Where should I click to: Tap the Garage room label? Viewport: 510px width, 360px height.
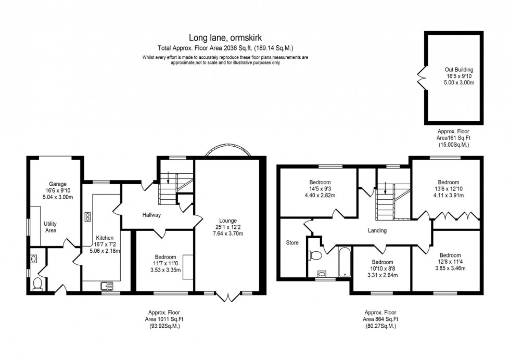[x=58, y=184]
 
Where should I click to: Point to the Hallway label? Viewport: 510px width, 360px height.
[x=152, y=215]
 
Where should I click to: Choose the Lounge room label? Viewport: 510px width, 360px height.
[x=227, y=220]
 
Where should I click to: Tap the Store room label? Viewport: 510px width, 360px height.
[x=292, y=242]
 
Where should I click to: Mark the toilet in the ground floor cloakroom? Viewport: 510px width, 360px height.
[x=37, y=283]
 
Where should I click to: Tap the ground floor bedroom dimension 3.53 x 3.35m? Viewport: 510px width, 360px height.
[x=165, y=270]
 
